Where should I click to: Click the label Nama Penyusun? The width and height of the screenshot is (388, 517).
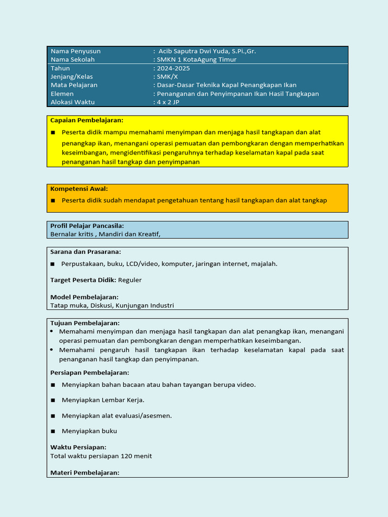75,51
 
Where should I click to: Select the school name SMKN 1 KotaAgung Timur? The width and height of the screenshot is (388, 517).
197,60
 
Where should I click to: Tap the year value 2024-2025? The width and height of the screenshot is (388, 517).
173,68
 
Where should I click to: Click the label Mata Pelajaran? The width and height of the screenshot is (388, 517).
74,85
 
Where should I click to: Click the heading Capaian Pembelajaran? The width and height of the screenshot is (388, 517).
86,120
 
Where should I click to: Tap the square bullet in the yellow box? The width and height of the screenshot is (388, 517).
53,132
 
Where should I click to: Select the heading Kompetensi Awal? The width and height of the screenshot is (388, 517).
79,189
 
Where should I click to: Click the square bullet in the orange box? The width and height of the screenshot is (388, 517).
53,200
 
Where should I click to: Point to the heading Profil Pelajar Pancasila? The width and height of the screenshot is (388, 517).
87,226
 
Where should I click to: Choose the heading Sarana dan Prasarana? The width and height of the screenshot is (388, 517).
85,251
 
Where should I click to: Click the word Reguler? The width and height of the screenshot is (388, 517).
130,280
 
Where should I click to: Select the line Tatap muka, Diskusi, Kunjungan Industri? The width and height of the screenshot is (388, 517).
112,305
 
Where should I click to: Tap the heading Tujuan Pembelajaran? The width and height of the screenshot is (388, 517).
85,323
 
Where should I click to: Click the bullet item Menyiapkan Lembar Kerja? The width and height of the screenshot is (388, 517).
103,400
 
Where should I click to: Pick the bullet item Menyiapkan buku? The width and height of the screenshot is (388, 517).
89,431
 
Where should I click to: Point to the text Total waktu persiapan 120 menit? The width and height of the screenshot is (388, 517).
101,456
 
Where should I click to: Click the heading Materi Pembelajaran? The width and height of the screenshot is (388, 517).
84,473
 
